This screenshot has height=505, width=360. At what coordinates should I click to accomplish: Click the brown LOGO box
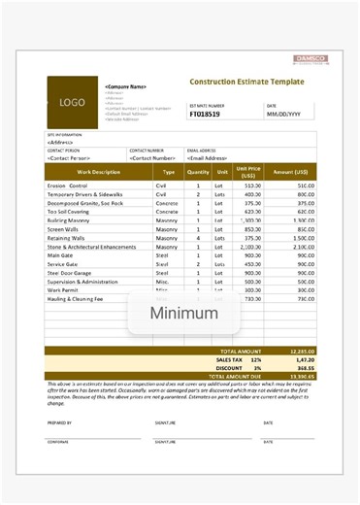click(x=73, y=101)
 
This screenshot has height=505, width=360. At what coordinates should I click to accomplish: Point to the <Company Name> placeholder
click(x=125, y=87)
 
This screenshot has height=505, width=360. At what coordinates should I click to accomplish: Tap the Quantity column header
click(x=198, y=172)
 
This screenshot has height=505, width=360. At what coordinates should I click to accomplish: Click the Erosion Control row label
click(x=67, y=185)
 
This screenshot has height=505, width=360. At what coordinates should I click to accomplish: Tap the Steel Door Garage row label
click(x=73, y=274)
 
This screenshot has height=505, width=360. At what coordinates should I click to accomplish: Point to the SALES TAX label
click(x=230, y=358)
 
